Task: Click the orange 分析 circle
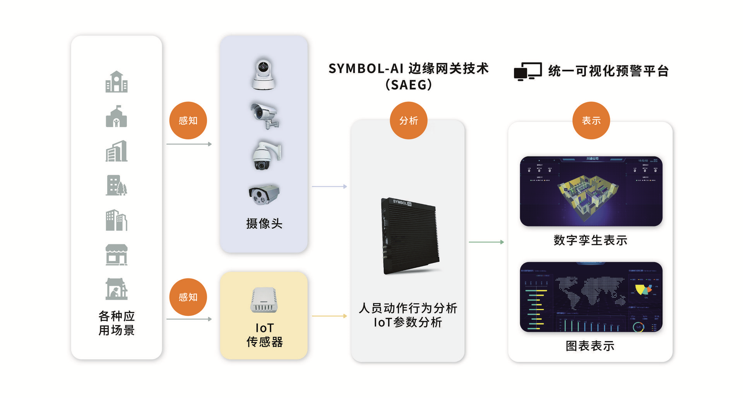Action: coord(409,120)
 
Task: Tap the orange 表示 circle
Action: coord(591,120)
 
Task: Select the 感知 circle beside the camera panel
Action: coord(188,120)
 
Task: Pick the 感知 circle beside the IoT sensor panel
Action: coord(188,297)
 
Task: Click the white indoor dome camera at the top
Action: coord(264,74)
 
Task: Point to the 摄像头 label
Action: coord(264,223)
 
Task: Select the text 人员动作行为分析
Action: coord(408,308)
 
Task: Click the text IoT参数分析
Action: coord(408,322)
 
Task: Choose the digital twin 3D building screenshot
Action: coord(591,191)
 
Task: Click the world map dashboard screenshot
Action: coord(591,297)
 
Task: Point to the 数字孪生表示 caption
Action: coord(590,240)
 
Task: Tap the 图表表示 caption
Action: coord(590,346)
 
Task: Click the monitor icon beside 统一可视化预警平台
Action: coord(527,71)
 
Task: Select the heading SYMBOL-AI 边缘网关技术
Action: coord(409,69)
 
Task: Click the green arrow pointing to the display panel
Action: coord(486,242)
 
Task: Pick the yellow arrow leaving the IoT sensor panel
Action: coord(329,316)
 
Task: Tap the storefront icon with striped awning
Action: coord(116,255)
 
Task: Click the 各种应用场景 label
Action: coord(116,323)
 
